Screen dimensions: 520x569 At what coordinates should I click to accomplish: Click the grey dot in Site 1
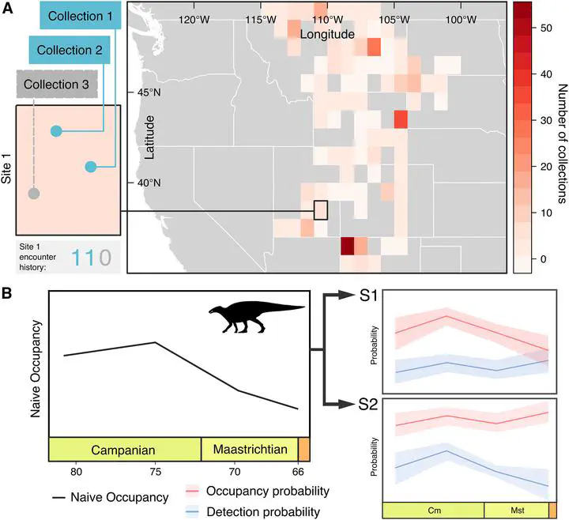[x=32, y=194]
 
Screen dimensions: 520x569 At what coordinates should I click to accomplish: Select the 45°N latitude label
[x=149, y=92]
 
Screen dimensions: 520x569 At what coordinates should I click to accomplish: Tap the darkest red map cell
[x=346, y=246]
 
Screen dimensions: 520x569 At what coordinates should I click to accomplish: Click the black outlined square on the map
[x=320, y=210]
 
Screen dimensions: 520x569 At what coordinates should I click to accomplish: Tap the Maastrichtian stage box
[x=250, y=449]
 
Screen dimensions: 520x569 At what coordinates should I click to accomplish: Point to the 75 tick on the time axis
[x=156, y=472]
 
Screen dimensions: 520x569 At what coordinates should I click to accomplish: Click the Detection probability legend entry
[x=264, y=511]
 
